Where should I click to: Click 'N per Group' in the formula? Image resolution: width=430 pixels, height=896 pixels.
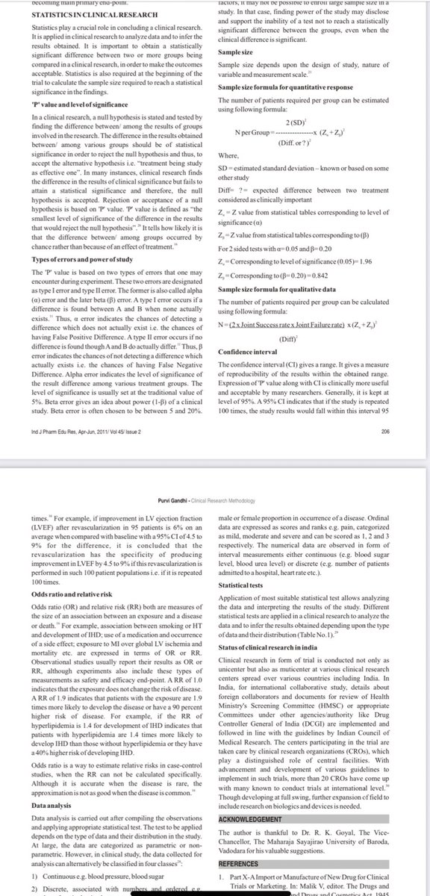pyautogui.click(x=252, y=130)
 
